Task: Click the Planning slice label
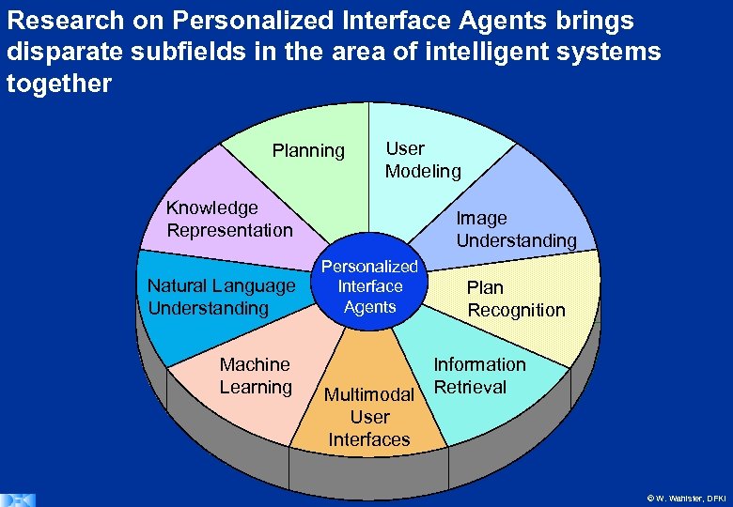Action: coord(308,150)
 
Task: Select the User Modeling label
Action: coord(422,160)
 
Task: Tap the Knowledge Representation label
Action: coord(229,219)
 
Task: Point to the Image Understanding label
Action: coord(516,229)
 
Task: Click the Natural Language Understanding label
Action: coord(221,297)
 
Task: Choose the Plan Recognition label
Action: coord(516,299)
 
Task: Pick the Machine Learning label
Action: coord(255,376)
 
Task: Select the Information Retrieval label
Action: coord(478,376)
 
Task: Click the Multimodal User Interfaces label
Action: coord(368,417)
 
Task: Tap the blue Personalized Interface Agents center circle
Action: coord(369,286)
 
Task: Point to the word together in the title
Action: coord(58,84)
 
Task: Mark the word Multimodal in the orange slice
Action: coord(368,394)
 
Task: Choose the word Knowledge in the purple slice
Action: coord(212,207)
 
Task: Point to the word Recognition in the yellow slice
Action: coord(516,310)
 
